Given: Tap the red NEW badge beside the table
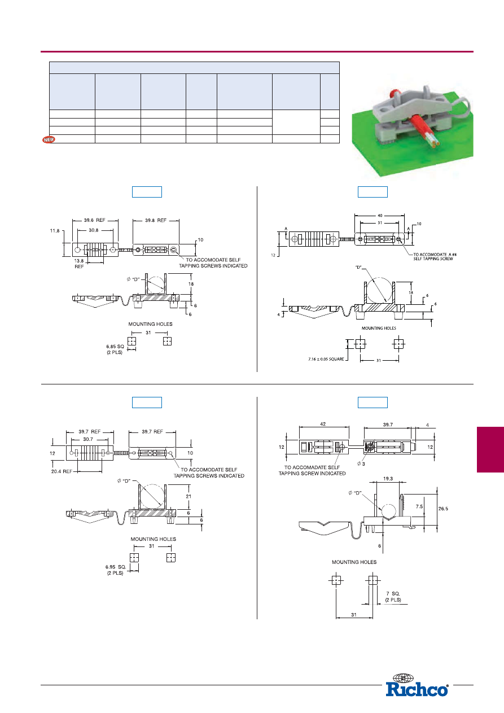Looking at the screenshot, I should [49, 139].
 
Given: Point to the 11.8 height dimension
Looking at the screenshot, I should [54, 230].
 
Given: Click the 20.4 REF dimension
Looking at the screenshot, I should [61, 471].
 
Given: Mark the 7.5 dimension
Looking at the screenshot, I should [419, 506].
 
